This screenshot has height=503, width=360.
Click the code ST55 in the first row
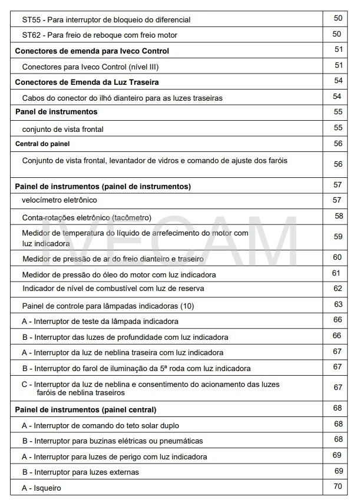[x=32, y=19]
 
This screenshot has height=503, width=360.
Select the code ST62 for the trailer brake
[x=32, y=35]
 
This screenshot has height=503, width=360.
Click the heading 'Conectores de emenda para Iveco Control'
[x=91, y=51]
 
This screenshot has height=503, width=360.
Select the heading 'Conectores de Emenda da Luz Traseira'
[x=87, y=81]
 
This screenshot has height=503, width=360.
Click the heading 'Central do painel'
[x=42, y=143]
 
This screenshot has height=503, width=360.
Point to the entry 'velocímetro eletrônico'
[x=60, y=200]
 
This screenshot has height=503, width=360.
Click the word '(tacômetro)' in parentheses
[x=133, y=217]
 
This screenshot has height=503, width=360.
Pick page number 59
[x=338, y=237]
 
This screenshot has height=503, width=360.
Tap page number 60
[x=338, y=257]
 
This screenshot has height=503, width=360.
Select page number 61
[x=336, y=273]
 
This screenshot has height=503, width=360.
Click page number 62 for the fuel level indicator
[x=338, y=289]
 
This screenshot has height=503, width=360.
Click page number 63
[x=338, y=305]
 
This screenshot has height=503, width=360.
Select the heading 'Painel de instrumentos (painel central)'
[x=85, y=409]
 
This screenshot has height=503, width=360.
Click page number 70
[x=338, y=487]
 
